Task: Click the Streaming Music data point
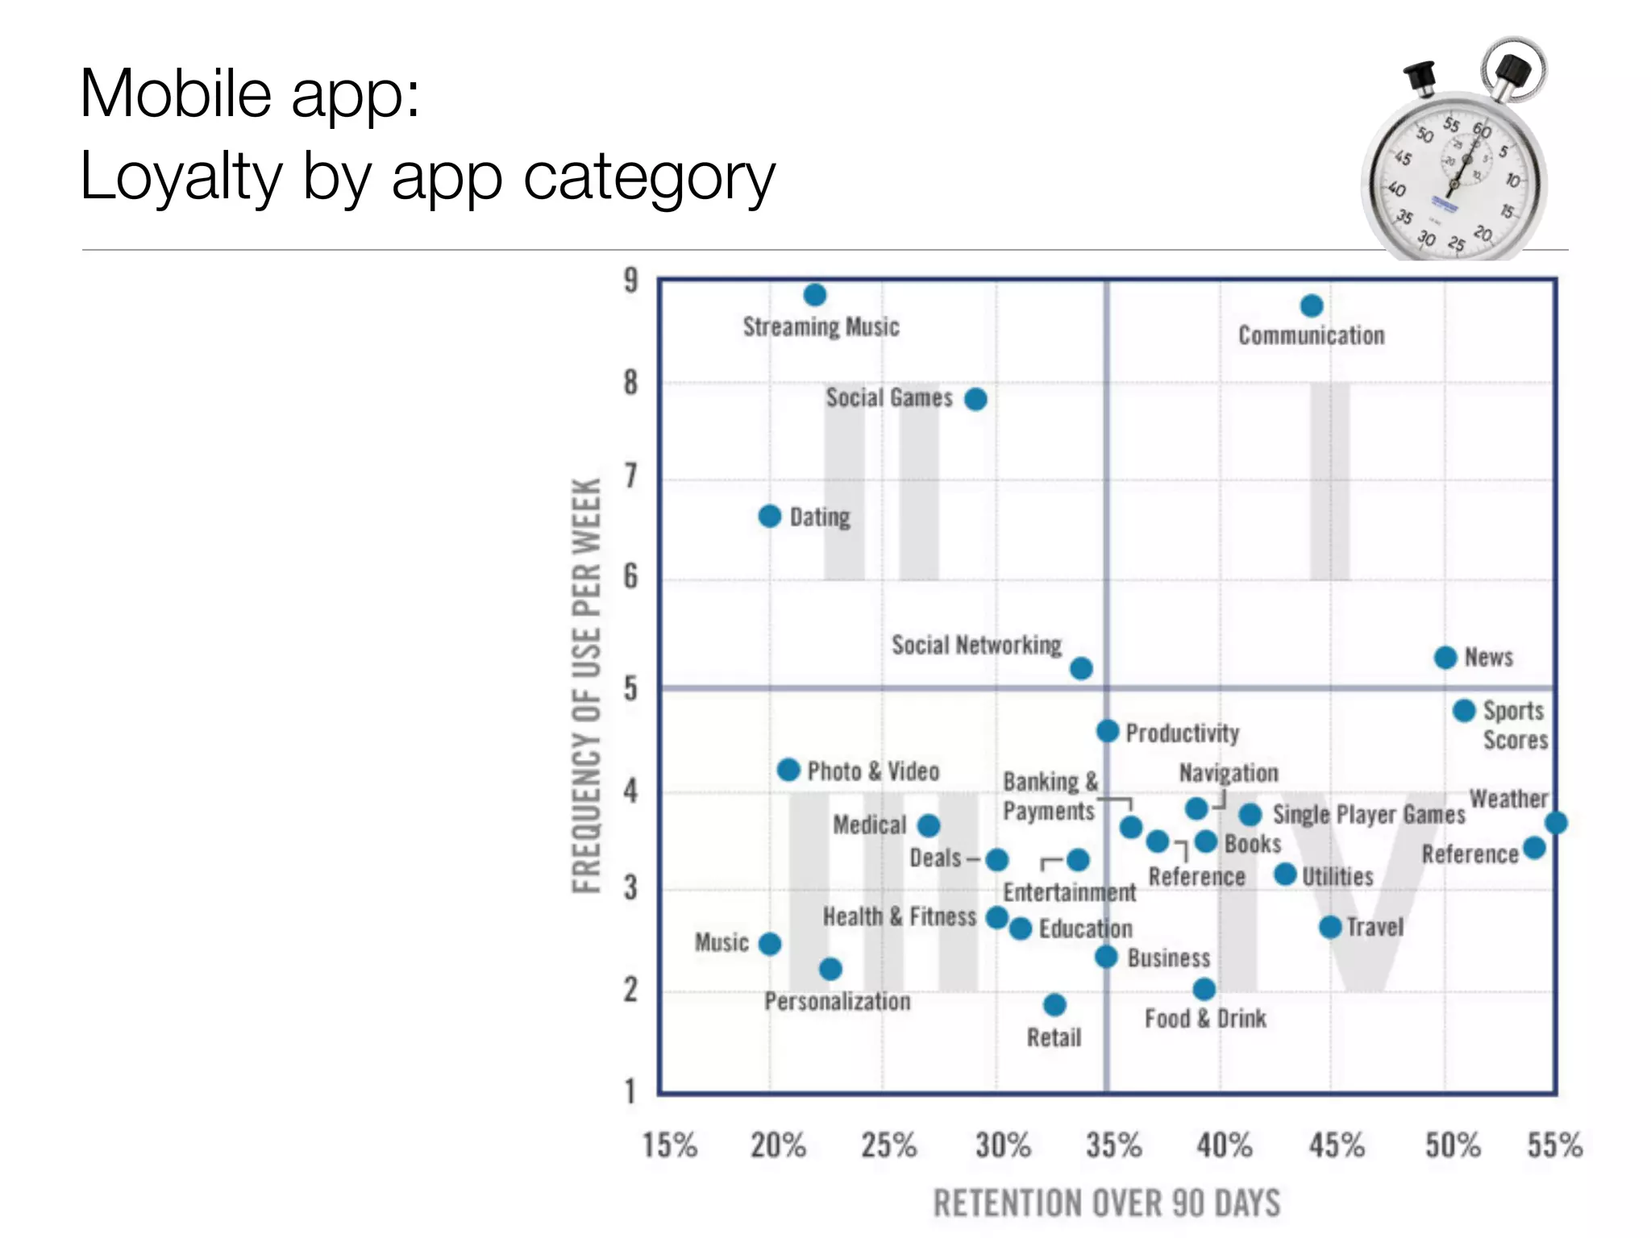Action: pyautogui.click(x=815, y=295)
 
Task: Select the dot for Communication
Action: pyautogui.click(x=1312, y=306)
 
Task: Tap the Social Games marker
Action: pyautogui.click(x=975, y=399)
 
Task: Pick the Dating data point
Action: pyautogui.click(x=770, y=516)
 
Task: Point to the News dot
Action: pyautogui.click(x=1445, y=658)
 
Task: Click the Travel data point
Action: pyautogui.click(x=1330, y=927)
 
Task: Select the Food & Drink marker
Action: pyautogui.click(x=1204, y=989)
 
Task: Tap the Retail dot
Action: pyautogui.click(x=1054, y=1004)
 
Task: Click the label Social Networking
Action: pyautogui.click(x=976, y=645)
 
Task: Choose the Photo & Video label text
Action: pyautogui.click(x=873, y=771)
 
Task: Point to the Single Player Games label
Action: pyautogui.click(x=1368, y=815)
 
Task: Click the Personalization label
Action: pyautogui.click(x=838, y=1002)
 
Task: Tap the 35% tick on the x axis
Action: pyautogui.click(x=1113, y=1145)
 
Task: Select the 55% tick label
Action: pyautogui.click(x=1554, y=1145)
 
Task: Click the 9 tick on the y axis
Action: pyautogui.click(x=630, y=280)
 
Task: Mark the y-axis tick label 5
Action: pyautogui.click(x=630, y=689)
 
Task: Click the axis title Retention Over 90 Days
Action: pyautogui.click(x=1107, y=1203)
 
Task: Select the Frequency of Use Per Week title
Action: pyautogui.click(x=587, y=686)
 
